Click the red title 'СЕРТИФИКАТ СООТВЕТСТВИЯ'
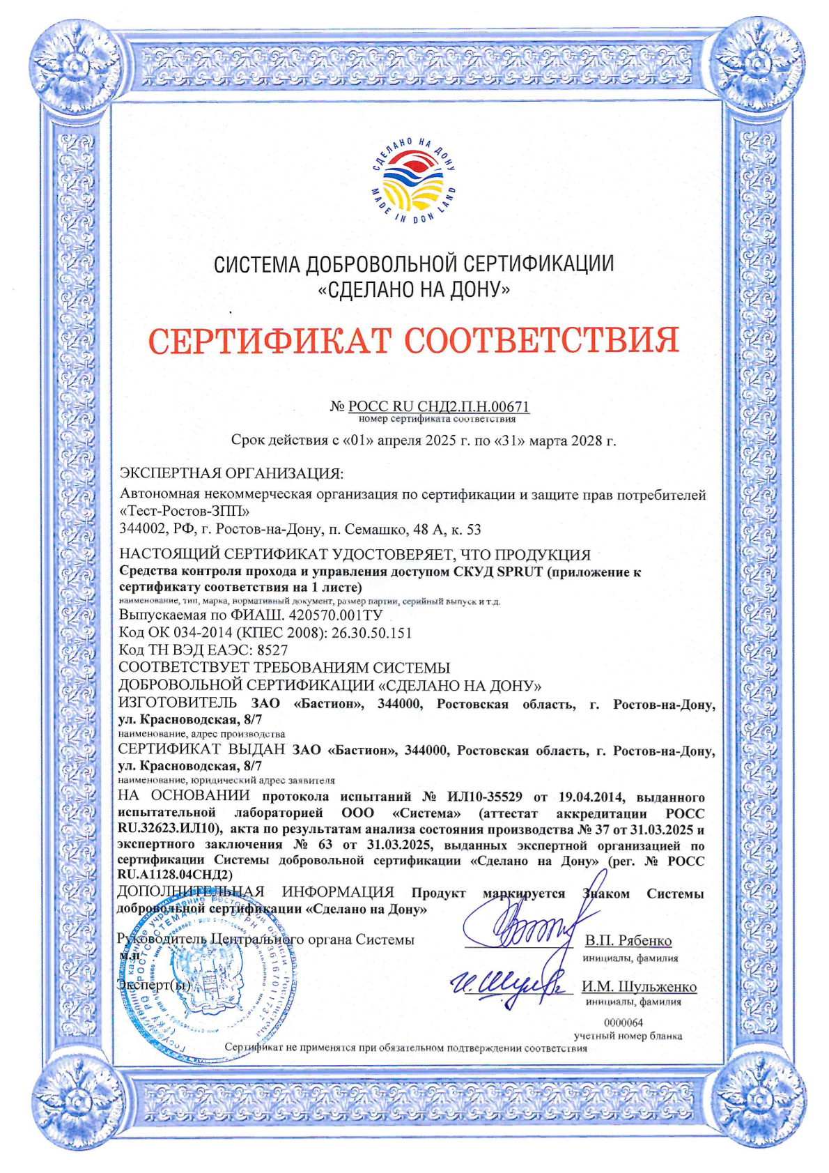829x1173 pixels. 414,340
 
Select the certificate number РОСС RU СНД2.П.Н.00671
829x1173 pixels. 439,406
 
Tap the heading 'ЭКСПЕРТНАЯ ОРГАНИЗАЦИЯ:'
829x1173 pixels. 231,474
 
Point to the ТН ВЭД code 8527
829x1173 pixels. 272,650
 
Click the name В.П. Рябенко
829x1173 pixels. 628,941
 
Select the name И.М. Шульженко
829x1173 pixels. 639,987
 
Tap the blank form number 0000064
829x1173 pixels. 623,1022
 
